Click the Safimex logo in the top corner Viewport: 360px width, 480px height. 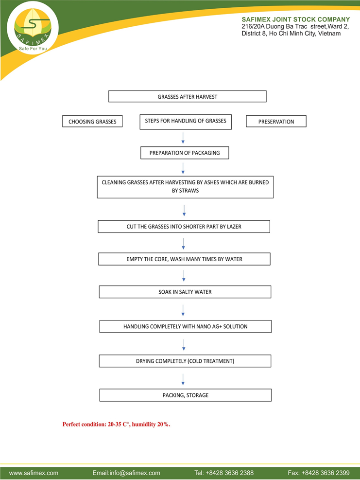click(33, 28)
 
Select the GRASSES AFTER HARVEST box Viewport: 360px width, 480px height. click(187, 96)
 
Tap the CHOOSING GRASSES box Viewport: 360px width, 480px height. click(92, 121)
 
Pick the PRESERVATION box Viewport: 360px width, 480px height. click(276, 121)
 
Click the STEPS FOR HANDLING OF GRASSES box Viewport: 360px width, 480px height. click(186, 122)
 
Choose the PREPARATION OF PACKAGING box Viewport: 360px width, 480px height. click(185, 153)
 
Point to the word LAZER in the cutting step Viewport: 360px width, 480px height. click(234, 227)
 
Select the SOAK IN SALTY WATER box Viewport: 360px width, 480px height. click(185, 292)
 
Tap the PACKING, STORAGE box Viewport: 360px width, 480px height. click(186, 395)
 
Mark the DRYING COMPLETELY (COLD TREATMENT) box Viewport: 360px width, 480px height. click(185, 361)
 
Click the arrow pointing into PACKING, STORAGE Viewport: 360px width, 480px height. click(183, 379)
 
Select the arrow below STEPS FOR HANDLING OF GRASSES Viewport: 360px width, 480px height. click(183, 138)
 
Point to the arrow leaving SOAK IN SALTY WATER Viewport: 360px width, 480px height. click(183, 310)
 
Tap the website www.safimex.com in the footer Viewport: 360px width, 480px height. click(34, 473)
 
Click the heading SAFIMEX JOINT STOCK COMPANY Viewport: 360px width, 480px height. click(296, 19)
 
